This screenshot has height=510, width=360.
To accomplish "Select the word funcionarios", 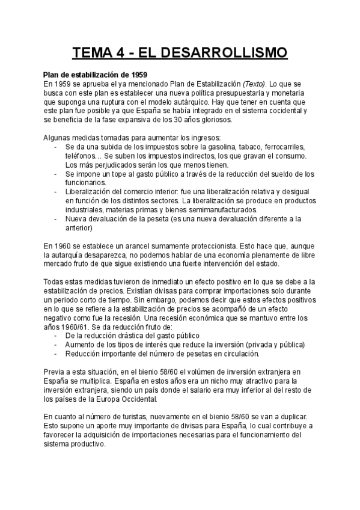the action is [x=86, y=183].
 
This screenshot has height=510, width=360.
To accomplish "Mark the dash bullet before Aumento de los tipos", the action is [x=56, y=345].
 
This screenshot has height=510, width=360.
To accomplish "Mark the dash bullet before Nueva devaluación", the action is [x=56, y=219].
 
